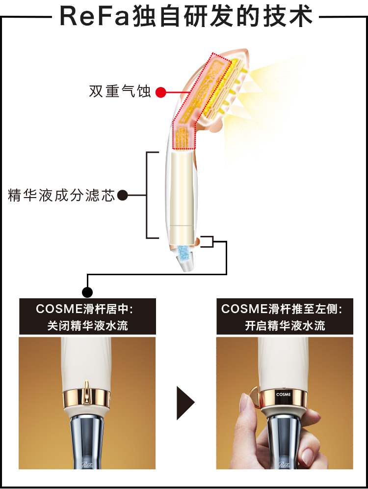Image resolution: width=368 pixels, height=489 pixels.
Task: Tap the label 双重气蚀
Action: tap(120, 91)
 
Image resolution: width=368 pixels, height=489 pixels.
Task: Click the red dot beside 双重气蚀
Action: tap(160, 92)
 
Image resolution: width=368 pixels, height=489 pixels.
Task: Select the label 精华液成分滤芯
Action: tap(61, 196)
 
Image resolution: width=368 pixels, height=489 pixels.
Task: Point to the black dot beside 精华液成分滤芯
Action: tap(123, 196)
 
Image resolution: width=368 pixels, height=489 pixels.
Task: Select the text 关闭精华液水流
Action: tap(87, 326)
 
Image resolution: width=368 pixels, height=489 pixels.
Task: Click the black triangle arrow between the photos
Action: tap(185, 403)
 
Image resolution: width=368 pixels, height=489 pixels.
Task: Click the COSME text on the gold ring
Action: tap(283, 394)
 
